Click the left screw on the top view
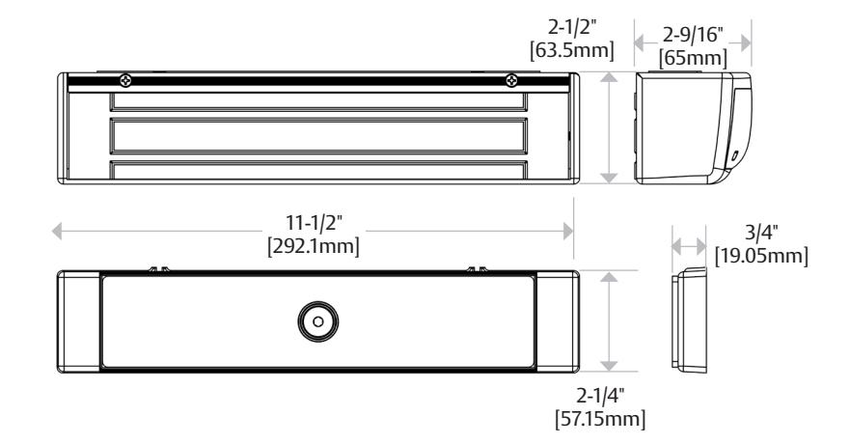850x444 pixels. (x=125, y=81)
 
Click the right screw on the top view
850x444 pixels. (x=511, y=81)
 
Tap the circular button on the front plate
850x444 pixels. (x=318, y=321)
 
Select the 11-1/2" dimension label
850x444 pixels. (x=315, y=222)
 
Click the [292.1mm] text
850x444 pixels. (x=314, y=247)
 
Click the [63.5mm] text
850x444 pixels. (x=572, y=50)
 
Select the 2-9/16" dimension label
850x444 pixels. (x=693, y=35)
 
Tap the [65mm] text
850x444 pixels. (x=693, y=58)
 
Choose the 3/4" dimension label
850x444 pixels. (x=761, y=232)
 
